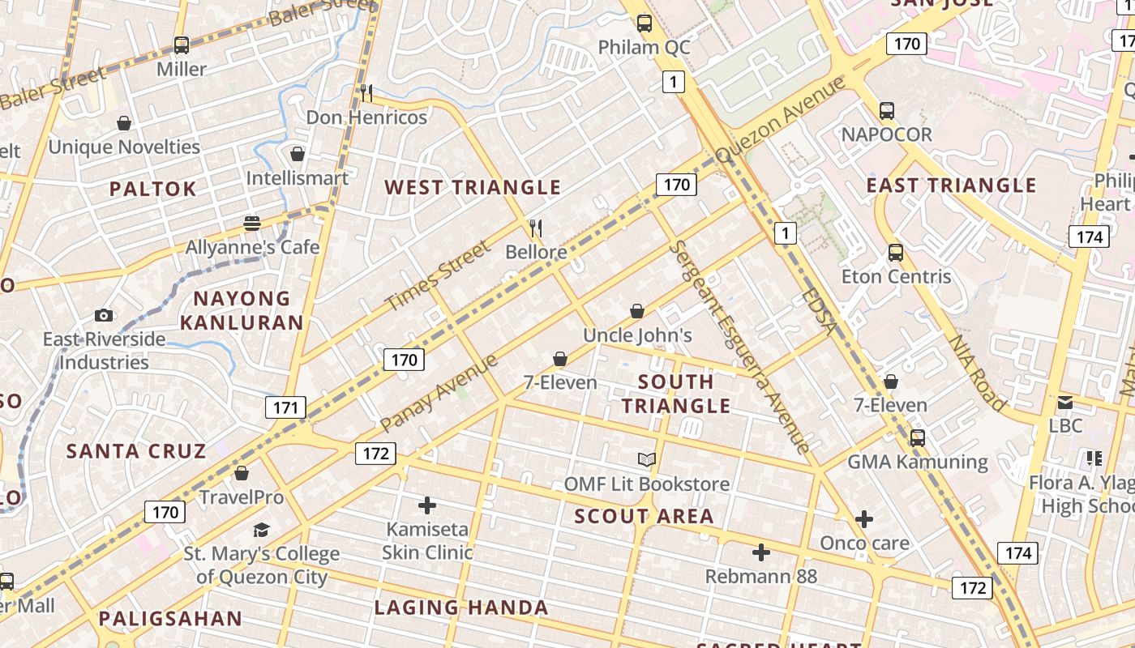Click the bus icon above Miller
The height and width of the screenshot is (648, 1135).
pos(182,45)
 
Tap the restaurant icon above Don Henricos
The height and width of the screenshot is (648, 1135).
pos(366,93)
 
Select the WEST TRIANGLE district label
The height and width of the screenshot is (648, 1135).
pos(473,187)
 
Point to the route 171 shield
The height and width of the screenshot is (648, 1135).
pos(285,407)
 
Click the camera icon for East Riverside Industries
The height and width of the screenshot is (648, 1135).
pos(104,315)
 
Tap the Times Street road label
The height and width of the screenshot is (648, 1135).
pos(438,276)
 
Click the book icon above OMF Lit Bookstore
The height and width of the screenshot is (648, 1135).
pos(646,460)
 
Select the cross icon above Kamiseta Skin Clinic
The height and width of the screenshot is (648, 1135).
pos(427,506)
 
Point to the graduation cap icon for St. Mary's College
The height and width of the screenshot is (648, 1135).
pos(261,531)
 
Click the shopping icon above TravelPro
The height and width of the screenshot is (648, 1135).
pos(241,473)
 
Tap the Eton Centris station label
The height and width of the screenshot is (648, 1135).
pos(896,276)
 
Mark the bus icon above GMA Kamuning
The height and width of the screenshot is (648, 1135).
pos(918,438)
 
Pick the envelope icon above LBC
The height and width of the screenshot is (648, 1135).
pos(1065,402)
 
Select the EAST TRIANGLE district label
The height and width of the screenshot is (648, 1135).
pos(951,185)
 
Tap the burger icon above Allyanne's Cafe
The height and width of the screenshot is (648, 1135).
pos(252,224)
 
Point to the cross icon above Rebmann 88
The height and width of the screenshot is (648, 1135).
pos(760,552)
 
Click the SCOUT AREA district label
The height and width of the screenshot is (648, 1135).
pos(645,516)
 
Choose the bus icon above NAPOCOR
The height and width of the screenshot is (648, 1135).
pos(887,111)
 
